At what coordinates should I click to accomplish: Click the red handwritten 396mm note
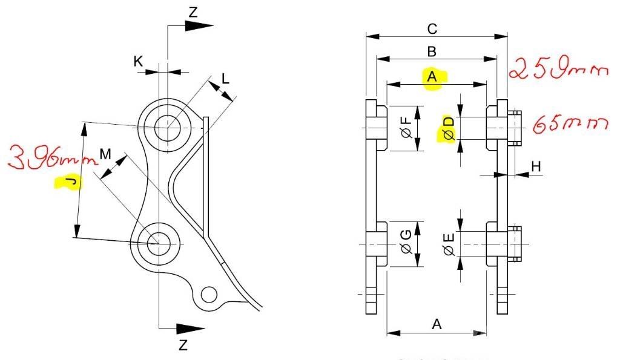point(53,157)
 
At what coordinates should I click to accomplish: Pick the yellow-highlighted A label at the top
point(432,76)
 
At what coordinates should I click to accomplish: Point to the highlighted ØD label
point(449,128)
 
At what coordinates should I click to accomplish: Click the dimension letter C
point(432,29)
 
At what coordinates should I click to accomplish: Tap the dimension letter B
point(432,51)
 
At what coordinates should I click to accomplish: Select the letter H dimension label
point(536,166)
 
